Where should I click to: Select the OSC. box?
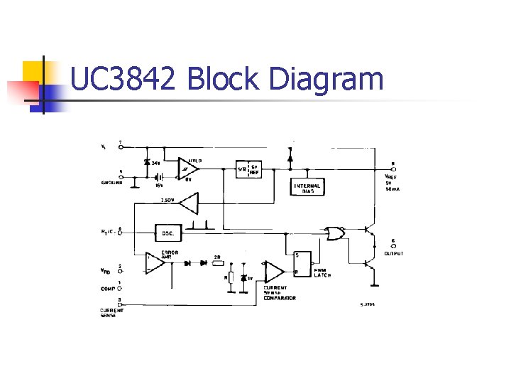167,233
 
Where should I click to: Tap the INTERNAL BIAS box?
307,188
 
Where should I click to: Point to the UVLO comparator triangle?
189,168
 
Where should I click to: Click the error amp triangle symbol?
155,262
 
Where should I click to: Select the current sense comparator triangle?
273,271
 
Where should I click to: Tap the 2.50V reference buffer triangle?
189,205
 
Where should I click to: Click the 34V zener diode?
147,163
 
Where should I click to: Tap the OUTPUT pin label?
393,253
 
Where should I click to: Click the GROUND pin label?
111,183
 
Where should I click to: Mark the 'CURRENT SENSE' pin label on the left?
111,313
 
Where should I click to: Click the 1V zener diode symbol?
243,277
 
